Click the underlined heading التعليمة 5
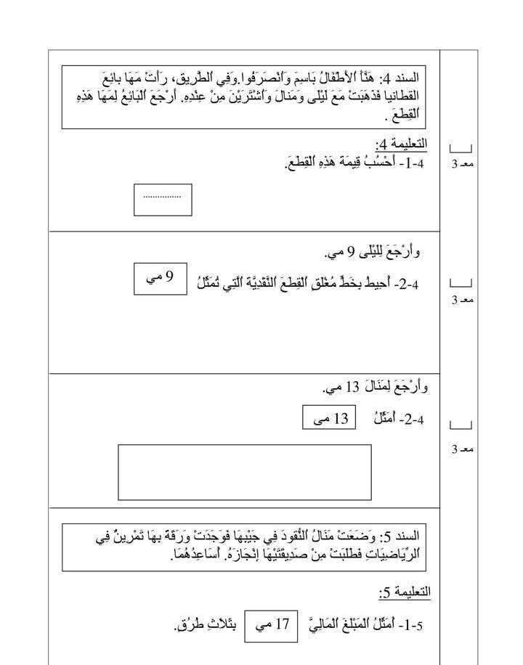[405, 592]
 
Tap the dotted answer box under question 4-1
[163, 200]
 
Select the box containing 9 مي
[160, 279]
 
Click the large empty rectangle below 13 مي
[244, 472]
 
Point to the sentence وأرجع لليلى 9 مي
[372, 252]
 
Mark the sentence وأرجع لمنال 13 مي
[376, 387]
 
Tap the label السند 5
[403, 537]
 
